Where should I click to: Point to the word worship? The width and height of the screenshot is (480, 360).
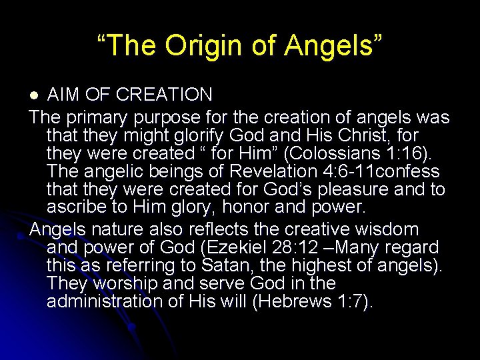pyautogui.click(x=126, y=284)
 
